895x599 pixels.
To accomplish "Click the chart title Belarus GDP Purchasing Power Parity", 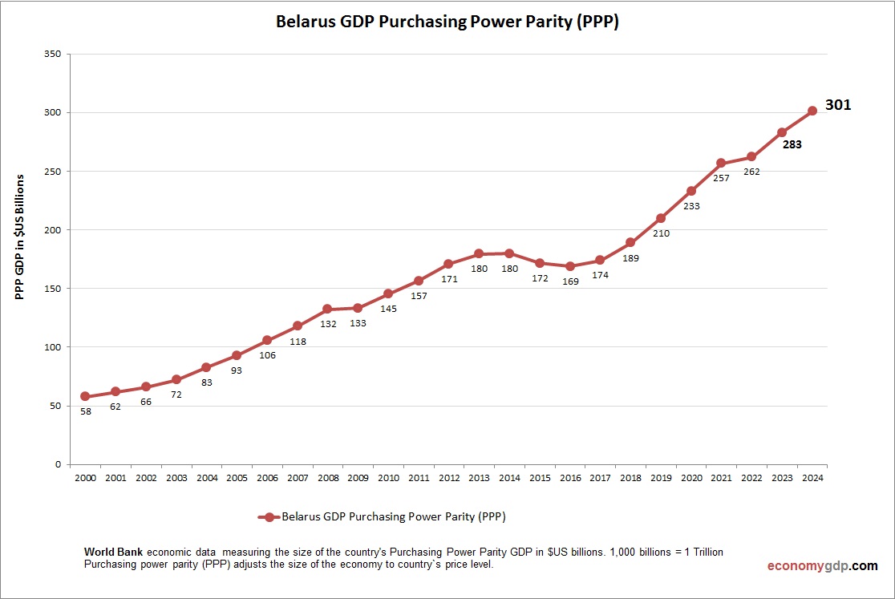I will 447,22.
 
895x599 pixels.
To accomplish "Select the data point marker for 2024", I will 812,111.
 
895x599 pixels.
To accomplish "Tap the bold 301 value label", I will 838,105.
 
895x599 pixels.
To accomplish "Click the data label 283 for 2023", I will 792,145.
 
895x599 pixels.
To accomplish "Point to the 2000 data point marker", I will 85,396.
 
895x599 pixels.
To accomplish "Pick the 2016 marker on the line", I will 569,266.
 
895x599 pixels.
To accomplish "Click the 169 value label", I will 569,281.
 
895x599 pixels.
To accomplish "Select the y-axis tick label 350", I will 53,55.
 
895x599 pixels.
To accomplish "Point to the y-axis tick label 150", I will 53,289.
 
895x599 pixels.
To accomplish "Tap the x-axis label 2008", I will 327,478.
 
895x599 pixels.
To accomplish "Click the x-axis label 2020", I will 690,478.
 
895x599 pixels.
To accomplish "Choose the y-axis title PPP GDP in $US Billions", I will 21,237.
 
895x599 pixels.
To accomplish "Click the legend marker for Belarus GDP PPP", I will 269,517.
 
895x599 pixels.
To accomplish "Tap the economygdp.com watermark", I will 822,566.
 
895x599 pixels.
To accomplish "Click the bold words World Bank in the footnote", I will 114,552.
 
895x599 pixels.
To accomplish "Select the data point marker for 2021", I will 721,163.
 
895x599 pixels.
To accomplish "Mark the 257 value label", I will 721,178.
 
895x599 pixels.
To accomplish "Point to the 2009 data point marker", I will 358,308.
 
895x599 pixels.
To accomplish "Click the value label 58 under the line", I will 85,411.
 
